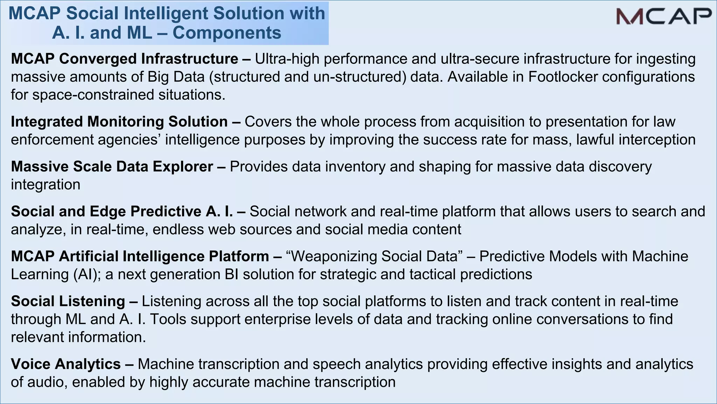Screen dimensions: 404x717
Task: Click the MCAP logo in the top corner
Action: [663, 16]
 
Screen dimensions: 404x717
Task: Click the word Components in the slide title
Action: [227, 33]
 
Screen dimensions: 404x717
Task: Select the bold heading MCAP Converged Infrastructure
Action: [125, 59]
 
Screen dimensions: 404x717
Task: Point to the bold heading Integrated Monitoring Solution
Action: [119, 122]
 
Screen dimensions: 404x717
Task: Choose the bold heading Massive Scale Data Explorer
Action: [112, 167]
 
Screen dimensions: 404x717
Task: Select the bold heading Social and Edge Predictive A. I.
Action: [122, 211]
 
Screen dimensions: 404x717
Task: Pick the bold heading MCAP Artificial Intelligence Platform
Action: [140, 256]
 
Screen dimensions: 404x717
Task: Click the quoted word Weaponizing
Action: [334, 256]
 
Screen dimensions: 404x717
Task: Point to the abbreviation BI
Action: [232, 274]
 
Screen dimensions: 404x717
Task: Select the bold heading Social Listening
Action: [68, 301]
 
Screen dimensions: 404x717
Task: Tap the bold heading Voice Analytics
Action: [66, 364]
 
